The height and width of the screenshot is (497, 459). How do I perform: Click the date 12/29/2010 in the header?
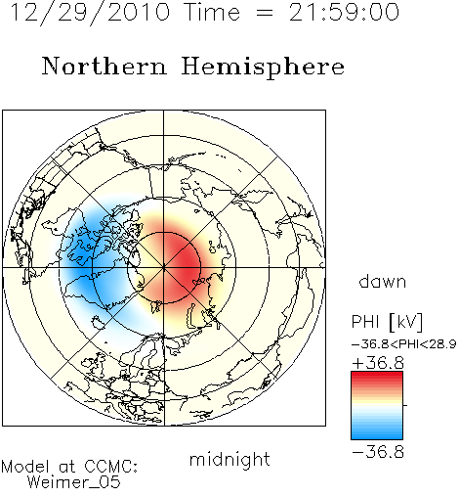pos(91,13)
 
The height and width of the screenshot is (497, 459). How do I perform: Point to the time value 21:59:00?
pos(344,12)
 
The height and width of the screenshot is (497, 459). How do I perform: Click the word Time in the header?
pos(212,12)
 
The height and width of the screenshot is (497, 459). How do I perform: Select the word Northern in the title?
pos(104,66)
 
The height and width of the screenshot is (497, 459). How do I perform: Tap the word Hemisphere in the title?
pos(263,68)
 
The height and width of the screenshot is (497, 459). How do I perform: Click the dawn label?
pos(383,281)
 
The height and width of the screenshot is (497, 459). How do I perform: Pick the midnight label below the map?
pos(229,459)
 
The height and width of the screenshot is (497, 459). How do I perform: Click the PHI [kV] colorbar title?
pos(387,322)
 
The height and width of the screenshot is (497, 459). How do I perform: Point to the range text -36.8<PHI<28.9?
pos(403,344)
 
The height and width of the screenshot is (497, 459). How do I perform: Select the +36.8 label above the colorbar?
pos(378,363)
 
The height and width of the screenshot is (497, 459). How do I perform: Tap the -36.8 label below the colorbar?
pos(378,452)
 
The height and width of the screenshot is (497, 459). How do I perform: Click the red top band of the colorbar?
pos(377,375)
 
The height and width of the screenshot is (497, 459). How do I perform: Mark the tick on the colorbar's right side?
pos(405,405)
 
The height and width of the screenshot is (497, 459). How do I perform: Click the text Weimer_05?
pos(74,482)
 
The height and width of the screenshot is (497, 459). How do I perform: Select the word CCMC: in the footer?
pos(111,467)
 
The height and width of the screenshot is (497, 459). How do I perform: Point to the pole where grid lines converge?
pos(164,268)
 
